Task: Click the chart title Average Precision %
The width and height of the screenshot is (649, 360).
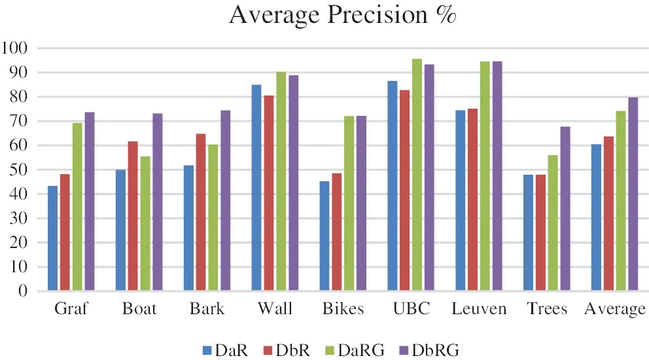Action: (342, 16)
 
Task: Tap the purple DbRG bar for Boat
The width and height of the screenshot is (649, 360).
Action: (158, 202)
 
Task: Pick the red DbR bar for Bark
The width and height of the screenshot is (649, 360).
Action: (201, 212)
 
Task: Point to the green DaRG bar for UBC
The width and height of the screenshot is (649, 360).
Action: (417, 175)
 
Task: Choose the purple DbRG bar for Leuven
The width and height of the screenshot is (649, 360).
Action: (497, 176)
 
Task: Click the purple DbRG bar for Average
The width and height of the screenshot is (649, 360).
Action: (633, 194)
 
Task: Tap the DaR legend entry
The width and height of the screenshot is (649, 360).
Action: (226, 350)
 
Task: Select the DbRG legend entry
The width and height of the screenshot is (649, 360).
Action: (428, 350)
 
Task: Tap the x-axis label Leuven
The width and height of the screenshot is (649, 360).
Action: (479, 309)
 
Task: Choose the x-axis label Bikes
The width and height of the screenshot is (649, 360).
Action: (343, 309)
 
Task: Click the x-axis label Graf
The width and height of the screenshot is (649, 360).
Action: (71, 309)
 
